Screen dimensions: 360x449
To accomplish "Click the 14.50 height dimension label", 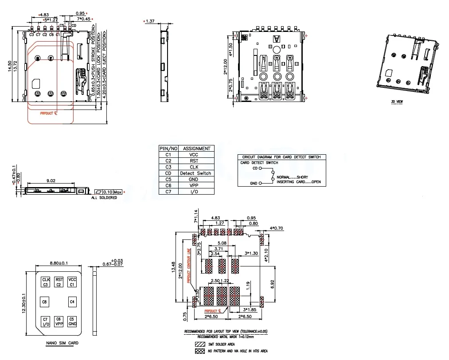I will coord(10,66).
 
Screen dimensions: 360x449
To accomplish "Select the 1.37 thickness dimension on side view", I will coord(150,21).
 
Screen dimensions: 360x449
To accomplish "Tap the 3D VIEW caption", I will coord(397,102).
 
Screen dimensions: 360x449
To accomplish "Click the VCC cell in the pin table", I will coord(193,155).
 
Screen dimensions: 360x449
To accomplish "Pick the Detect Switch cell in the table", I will coord(195,173).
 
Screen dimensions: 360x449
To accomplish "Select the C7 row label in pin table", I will coord(168,192).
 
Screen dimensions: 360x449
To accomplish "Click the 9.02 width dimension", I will coord(51,180).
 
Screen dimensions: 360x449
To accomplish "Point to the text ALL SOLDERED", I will coord(104,197).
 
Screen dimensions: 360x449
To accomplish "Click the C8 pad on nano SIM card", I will coord(44,302).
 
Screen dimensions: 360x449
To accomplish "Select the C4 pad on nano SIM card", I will coord(72,302).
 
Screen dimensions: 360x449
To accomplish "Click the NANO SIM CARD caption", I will coord(62,343).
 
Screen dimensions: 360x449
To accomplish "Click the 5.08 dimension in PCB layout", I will coord(223,243).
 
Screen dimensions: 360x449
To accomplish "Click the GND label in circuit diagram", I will coord(254,183).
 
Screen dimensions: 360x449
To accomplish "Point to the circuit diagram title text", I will coord(281,157).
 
